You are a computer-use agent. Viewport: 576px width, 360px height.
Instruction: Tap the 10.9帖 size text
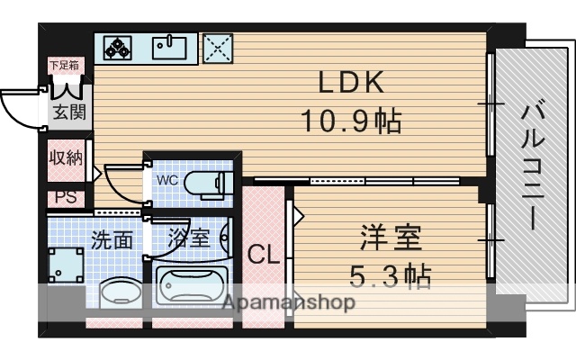pyautogui.click(x=351, y=120)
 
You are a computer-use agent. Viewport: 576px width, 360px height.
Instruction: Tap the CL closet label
pyautogui.click(x=263, y=255)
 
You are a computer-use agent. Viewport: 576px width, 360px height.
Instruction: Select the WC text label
pyautogui.click(x=167, y=179)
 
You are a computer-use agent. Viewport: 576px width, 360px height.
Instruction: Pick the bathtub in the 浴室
pyautogui.click(x=191, y=287)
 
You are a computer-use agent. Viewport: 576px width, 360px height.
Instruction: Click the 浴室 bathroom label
pyautogui.click(x=188, y=239)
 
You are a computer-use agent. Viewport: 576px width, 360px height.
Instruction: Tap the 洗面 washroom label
pyautogui.click(x=112, y=239)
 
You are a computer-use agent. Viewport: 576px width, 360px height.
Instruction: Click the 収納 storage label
pyautogui.click(x=66, y=157)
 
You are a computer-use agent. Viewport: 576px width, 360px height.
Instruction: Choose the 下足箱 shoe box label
pyautogui.click(x=63, y=65)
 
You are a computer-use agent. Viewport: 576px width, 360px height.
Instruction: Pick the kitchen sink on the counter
pyautogui.click(x=167, y=46)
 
